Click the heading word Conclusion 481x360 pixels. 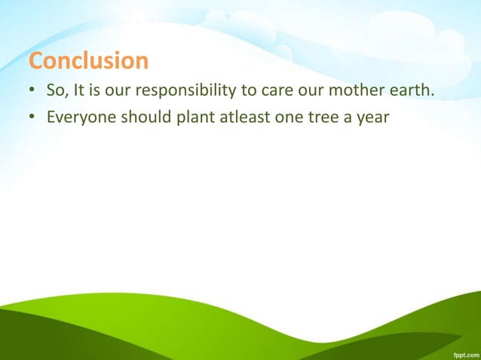88,59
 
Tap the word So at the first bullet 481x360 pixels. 55,92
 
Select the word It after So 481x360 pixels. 77,92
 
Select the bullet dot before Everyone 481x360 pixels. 32,117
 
